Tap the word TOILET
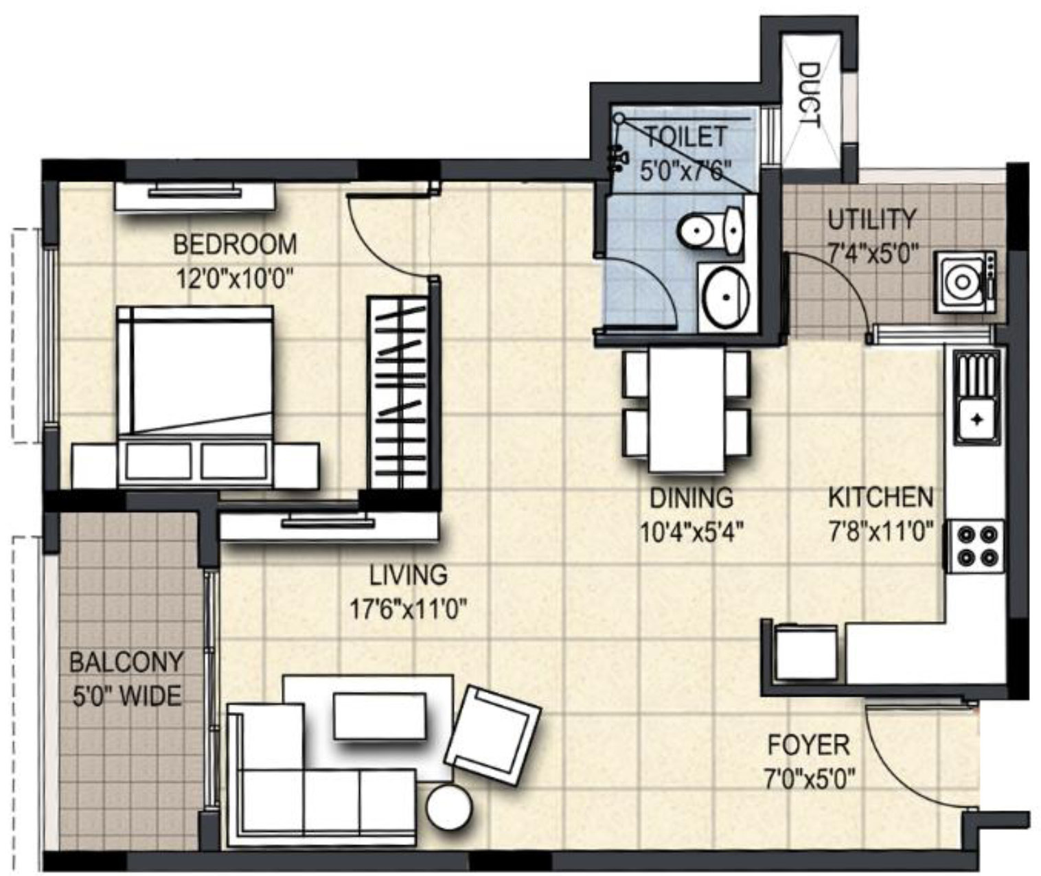click(687, 137)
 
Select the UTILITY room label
click(872, 220)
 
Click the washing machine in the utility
click(965, 282)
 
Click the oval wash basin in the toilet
click(726, 297)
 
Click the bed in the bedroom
click(196, 396)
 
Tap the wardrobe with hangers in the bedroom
click(398, 392)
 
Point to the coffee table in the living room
click(380, 716)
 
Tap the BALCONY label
click(126, 662)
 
